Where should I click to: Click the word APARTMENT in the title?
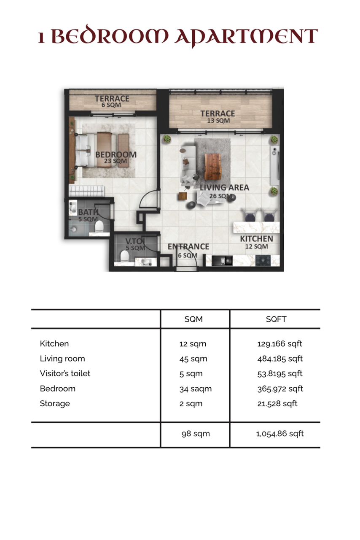tap(246, 37)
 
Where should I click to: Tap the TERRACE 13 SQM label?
tap(218, 117)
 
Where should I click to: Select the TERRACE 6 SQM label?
tap(112, 102)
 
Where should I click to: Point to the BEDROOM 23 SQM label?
tap(116, 157)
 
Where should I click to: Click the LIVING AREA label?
tap(224, 188)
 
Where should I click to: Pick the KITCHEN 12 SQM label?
tap(257, 242)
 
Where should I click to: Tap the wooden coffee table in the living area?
tap(212, 167)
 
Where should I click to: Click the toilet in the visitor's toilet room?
tap(125, 256)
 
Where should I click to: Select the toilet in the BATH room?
tap(99, 227)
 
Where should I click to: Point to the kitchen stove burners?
tap(263, 261)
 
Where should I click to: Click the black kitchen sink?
tap(222, 261)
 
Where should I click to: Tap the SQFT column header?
tap(276, 319)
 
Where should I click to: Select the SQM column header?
tap(193, 319)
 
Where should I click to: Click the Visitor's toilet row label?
tap(65, 373)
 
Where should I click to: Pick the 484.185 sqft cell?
tap(280, 359)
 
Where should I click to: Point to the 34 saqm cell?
tap(196, 389)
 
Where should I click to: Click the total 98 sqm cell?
tap(196, 434)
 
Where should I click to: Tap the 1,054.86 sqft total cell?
tap(280, 434)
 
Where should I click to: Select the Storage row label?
tap(55, 404)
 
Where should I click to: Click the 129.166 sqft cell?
tap(279, 344)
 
